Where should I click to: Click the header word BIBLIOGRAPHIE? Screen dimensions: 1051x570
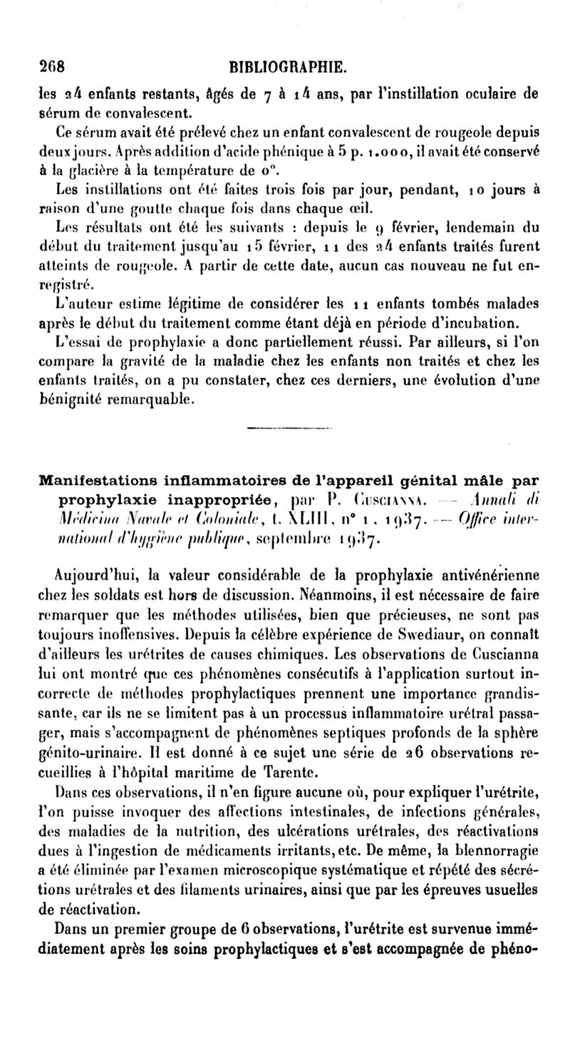pyautogui.click(x=288, y=69)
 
